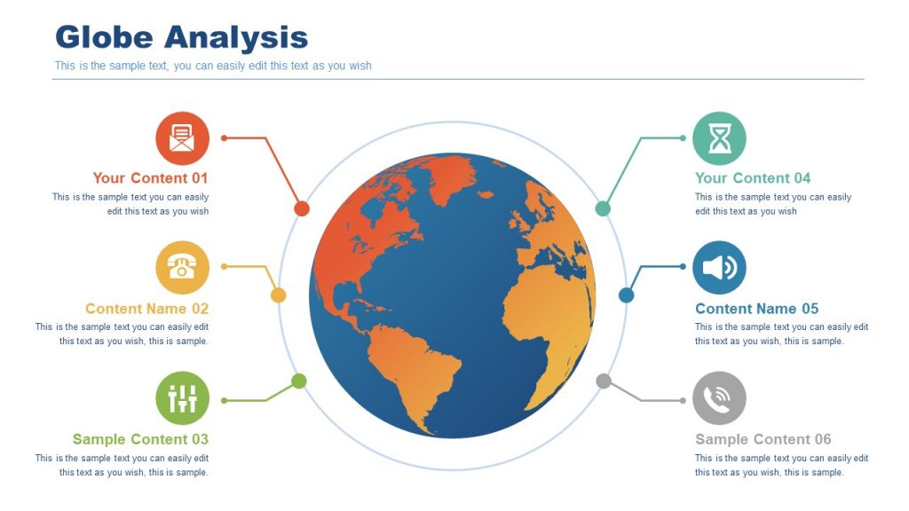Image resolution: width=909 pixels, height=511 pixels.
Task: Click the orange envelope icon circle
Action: pos(183,138)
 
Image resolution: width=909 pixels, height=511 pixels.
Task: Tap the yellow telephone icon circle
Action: pos(183,267)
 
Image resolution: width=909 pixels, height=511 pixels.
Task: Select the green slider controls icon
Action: pos(183,398)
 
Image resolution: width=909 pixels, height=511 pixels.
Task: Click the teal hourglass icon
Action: pos(719,138)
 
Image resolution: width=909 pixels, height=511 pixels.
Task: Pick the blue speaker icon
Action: pos(719,267)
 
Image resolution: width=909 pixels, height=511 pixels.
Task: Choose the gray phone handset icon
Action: pos(719,398)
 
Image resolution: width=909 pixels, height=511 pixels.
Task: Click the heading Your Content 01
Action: pos(150,178)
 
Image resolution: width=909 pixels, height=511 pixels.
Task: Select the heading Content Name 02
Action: pos(146,309)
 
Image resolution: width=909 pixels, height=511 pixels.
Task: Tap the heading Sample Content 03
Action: pos(140,439)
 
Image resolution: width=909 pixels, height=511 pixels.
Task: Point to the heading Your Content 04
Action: pos(753,178)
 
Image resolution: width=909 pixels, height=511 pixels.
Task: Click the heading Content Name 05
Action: pos(756,309)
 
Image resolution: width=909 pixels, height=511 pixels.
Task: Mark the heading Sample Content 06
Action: pos(763,439)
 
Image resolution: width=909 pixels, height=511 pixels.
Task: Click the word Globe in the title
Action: pos(104,37)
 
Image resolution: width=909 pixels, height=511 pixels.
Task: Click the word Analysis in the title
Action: pos(235,37)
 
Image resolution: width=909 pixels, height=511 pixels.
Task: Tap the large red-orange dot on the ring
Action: pos(302,208)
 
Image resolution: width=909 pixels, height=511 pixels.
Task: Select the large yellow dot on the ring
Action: pos(278,295)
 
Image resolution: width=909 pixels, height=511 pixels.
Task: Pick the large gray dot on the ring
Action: pos(604,381)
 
